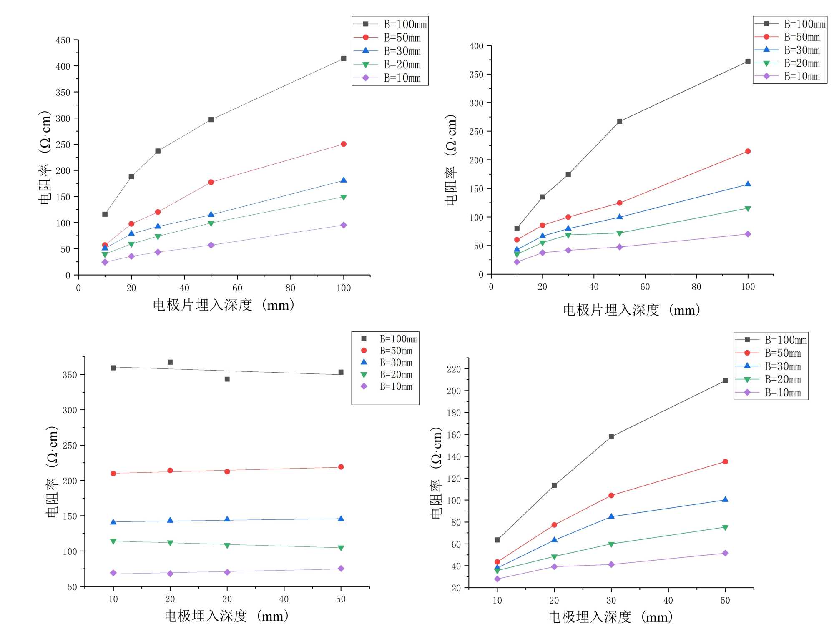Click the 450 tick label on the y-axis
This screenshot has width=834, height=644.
[63, 40]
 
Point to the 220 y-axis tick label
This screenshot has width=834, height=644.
[453, 369]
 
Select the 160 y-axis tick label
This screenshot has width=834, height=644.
[453, 435]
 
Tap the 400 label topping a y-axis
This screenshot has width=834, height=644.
[476, 46]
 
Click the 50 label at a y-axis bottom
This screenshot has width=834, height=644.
[72, 587]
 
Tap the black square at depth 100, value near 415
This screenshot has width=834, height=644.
[344, 59]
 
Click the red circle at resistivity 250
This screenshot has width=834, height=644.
[344, 144]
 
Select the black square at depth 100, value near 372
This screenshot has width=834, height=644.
[748, 61]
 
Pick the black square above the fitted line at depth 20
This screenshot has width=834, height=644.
[170, 362]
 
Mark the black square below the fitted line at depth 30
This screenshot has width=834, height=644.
[227, 379]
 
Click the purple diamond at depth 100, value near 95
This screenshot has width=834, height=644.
[344, 225]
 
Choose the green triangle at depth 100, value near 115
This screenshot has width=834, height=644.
[748, 209]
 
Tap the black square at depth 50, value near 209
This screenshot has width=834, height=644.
[725, 381]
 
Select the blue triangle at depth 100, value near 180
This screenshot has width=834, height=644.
[344, 180]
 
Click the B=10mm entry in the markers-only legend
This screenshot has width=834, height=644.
[395, 386]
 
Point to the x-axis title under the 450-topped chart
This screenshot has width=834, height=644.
[224, 305]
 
